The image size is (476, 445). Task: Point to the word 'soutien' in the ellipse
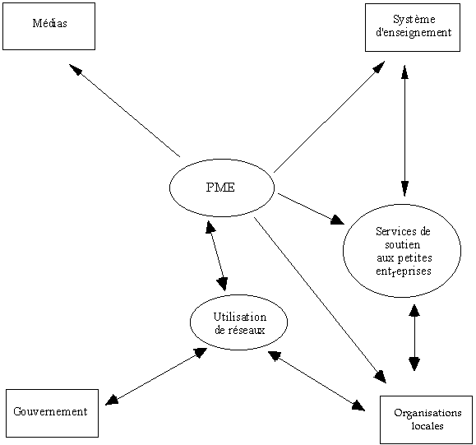tap(403, 244)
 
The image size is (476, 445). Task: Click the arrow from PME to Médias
tap(124, 110)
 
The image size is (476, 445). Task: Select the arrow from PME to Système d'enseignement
tap(329, 117)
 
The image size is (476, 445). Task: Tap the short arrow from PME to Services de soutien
tap(311, 209)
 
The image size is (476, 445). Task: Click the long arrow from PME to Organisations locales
tap(320, 300)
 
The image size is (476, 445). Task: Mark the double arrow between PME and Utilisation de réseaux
tap(216, 256)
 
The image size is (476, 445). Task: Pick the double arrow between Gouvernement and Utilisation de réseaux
tap(156, 377)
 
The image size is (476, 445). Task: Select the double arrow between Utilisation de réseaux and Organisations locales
tap(317, 381)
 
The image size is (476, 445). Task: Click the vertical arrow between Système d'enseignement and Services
tap(404, 131)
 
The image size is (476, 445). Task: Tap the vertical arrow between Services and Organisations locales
tap(414, 337)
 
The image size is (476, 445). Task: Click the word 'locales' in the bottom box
tap(427, 425)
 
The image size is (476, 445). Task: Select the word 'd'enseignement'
tap(414, 32)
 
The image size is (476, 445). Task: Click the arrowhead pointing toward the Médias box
tap(76, 69)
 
